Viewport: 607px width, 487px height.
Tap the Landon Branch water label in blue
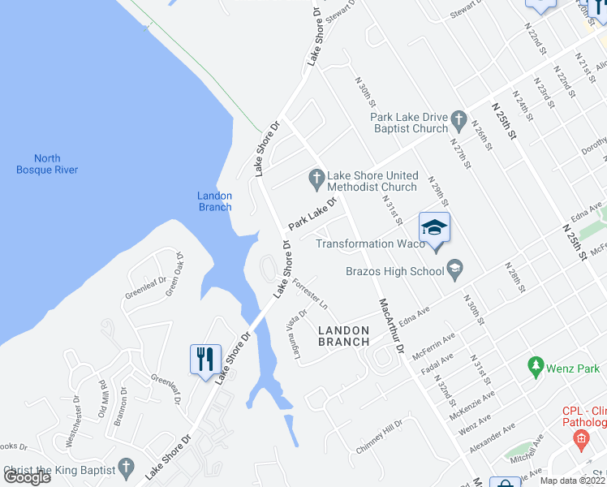(215, 201)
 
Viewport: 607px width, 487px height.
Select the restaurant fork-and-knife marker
(204, 358)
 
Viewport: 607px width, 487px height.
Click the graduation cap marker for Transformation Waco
(434, 226)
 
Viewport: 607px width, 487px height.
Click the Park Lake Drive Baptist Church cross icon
(458, 121)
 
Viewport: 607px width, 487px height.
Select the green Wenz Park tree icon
(535, 367)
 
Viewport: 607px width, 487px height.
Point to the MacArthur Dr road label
(390, 325)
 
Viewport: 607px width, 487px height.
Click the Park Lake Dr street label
(312, 212)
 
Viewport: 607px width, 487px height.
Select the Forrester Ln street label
(311, 294)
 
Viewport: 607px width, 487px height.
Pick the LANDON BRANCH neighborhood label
(343, 336)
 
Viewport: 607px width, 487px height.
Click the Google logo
(28, 477)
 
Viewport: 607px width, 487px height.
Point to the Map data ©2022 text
(573, 481)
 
